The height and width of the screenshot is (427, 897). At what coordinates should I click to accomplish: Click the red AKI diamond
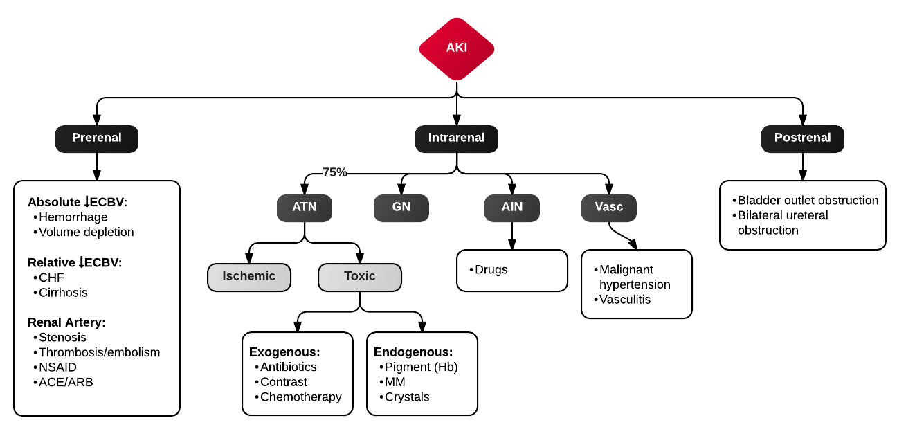(x=457, y=48)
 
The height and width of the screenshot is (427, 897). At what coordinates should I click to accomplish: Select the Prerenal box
(x=97, y=138)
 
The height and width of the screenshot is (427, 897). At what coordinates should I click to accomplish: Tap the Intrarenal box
(x=457, y=138)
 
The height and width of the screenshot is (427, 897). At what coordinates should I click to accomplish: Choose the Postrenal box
(x=803, y=138)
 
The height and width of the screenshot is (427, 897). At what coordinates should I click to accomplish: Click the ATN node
(x=305, y=208)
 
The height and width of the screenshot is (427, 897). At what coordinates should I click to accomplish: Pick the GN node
(x=401, y=208)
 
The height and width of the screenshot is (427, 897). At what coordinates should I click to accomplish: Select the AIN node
(x=512, y=208)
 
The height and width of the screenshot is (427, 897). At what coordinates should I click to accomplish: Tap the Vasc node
(x=608, y=208)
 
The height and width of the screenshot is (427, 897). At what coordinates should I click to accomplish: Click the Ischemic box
(x=249, y=277)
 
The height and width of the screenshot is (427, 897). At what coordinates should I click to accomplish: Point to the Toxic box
(x=360, y=277)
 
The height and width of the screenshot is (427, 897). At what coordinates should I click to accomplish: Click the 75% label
(x=335, y=172)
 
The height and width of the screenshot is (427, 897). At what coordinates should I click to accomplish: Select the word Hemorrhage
(x=73, y=217)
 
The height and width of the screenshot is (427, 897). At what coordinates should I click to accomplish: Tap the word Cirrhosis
(x=63, y=292)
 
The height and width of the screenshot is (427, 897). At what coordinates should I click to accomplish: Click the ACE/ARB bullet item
(x=66, y=382)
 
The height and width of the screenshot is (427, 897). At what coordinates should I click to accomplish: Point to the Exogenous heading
(x=284, y=352)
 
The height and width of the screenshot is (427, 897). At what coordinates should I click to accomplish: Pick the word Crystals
(x=407, y=397)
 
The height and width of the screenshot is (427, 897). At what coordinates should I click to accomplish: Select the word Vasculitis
(x=625, y=300)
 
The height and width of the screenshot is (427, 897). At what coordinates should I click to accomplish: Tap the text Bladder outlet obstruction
(x=808, y=200)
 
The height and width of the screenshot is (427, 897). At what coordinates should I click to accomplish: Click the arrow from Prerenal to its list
(x=97, y=166)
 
